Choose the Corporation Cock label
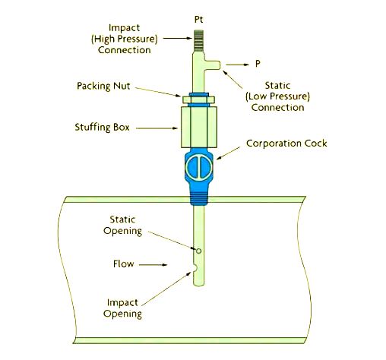click(283, 144)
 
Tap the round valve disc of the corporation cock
click(196, 168)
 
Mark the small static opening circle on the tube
click(198, 250)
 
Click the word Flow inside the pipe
click(125, 265)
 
